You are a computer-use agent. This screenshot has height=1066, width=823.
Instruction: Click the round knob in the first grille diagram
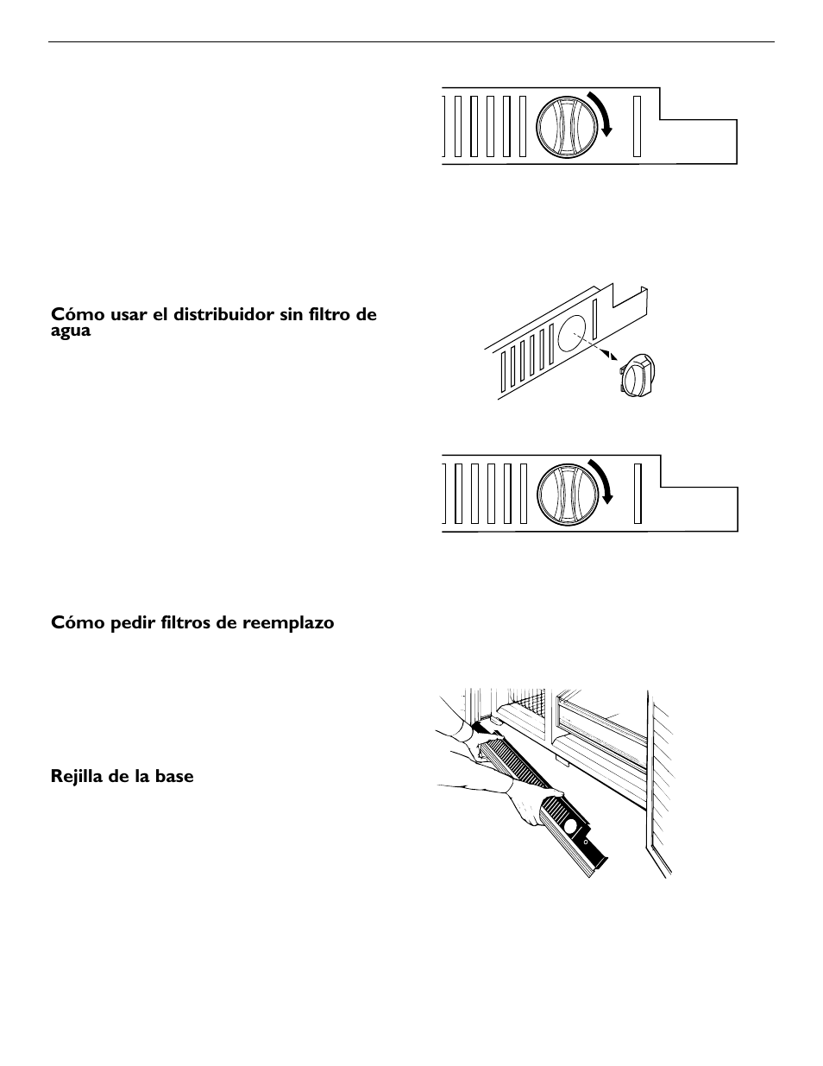point(566,125)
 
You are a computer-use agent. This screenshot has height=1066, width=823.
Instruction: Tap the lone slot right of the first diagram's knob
point(637,125)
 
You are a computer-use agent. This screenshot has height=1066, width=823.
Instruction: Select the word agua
point(71,331)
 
